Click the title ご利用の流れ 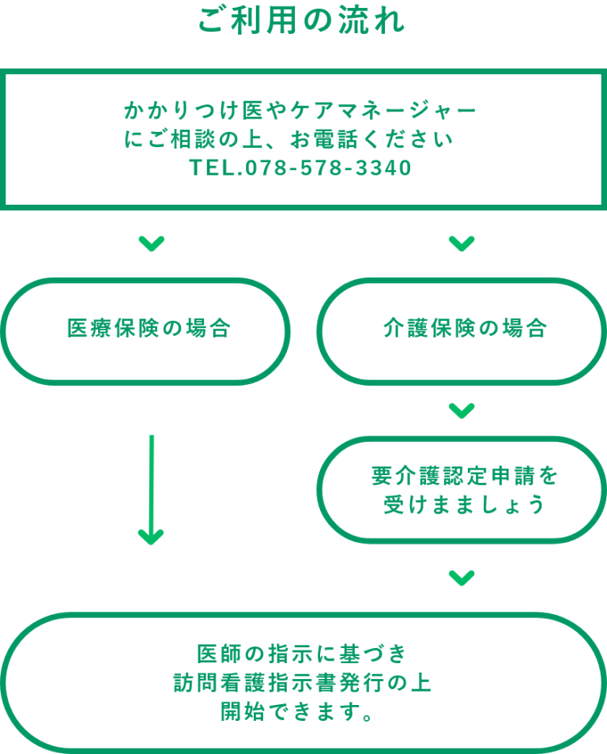302,21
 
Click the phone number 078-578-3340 329,168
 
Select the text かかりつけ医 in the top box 194,111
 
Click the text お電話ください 371,139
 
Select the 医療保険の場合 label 149,329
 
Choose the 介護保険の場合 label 465,329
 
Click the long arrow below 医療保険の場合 152,489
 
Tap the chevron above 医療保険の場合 152,243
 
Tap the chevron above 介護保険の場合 462,243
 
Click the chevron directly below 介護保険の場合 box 462,411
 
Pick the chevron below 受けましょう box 462,578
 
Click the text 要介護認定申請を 465,476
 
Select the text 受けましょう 465,505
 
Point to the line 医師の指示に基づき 302,654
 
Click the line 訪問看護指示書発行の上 302,683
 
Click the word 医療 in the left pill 89,329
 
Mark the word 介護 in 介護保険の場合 405,329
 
